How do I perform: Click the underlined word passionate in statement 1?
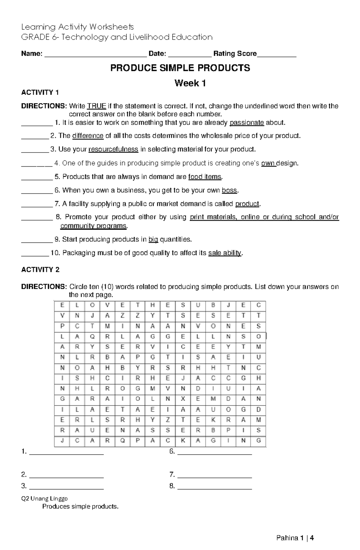(x=247, y=123)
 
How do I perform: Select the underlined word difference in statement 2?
(x=88, y=136)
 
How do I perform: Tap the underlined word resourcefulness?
(x=113, y=149)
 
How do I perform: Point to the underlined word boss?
(x=229, y=190)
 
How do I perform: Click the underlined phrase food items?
(x=205, y=177)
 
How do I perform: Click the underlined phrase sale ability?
(x=225, y=253)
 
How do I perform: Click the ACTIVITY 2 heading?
(x=40, y=270)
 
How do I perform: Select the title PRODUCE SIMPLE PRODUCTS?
(x=180, y=68)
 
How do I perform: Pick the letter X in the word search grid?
(x=183, y=399)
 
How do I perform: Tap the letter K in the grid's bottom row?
(x=183, y=440)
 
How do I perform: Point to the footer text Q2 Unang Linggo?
(x=44, y=498)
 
